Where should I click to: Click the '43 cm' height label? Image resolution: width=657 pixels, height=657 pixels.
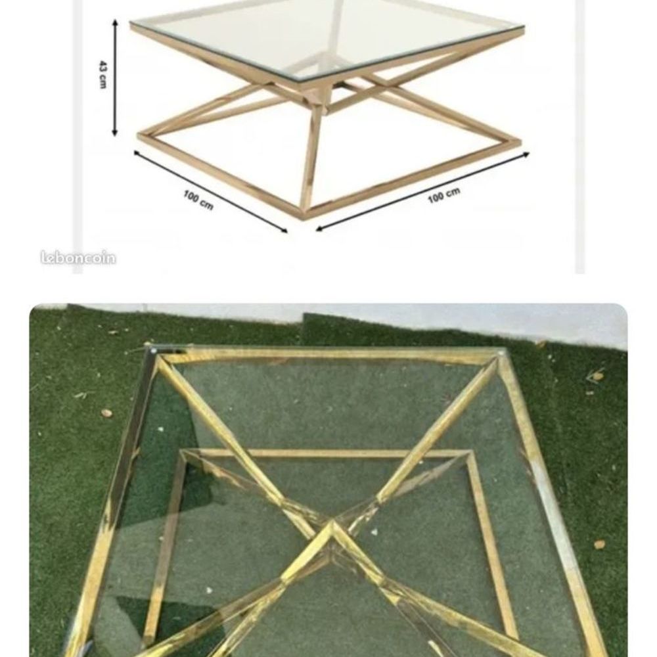point(102,75)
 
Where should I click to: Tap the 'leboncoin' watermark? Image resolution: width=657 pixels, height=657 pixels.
point(78,258)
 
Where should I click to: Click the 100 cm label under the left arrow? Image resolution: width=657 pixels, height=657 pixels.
point(198,200)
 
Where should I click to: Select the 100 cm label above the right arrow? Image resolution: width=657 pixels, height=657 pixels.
point(444,195)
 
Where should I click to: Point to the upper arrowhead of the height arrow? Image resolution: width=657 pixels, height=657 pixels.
point(115,22)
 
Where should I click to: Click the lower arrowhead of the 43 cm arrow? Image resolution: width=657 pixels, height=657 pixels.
point(115,133)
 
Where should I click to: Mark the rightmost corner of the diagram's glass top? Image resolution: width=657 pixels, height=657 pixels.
point(523,28)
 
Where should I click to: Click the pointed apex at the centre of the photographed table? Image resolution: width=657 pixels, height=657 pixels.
point(332,522)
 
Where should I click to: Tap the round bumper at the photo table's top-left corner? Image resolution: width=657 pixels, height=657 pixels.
point(154,350)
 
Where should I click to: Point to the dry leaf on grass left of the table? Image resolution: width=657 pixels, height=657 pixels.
point(106,413)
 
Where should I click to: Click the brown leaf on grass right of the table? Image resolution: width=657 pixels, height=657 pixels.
point(600,544)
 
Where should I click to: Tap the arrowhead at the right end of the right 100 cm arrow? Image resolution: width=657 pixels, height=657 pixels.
point(526,154)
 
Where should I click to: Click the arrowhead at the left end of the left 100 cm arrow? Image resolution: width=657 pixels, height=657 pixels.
point(137,153)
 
